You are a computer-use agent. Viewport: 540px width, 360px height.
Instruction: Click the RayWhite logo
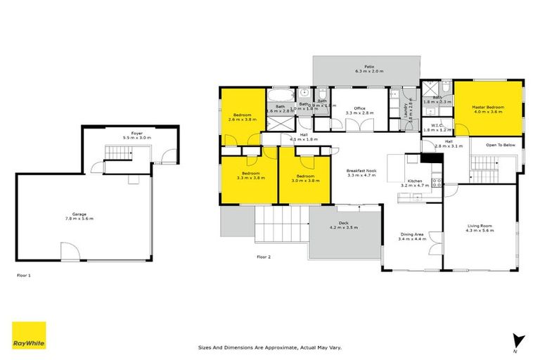pos(29,335)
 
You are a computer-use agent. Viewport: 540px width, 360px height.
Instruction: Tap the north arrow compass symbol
pos(518,340)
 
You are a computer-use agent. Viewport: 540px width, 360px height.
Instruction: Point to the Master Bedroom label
pos(488,108)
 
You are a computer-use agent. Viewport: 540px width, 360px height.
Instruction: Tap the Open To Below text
pos(501,146)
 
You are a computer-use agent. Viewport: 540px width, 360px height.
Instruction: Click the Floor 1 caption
pos(24,276)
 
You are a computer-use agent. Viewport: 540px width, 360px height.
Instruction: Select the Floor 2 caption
pos(264,257)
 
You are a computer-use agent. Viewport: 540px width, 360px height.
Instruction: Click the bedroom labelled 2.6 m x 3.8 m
pos(243,116)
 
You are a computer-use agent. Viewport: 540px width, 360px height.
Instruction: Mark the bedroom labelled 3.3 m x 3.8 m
pos(251,176)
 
